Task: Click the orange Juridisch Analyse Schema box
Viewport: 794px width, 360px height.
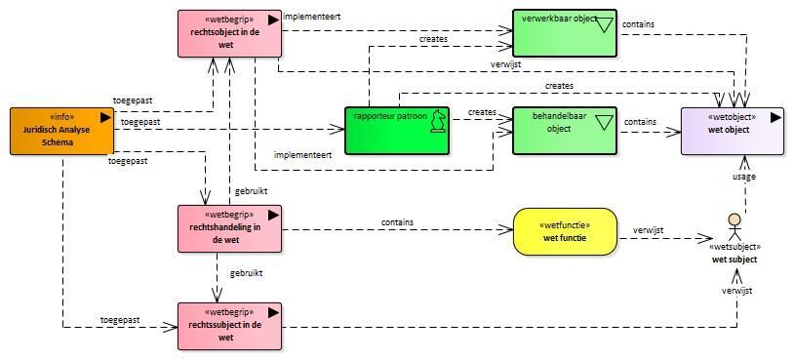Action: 61,131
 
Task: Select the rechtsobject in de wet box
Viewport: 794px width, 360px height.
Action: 229,33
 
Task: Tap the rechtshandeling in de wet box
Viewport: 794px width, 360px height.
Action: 229,228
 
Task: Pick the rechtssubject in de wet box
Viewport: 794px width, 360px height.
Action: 229,326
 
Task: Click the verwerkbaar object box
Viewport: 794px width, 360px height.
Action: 565,32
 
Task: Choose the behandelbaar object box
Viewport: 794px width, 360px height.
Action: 565,130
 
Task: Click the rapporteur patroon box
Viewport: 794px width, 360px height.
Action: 397,130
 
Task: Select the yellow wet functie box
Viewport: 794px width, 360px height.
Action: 566,231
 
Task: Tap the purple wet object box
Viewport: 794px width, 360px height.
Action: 733,131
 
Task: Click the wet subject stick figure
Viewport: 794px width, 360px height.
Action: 734,228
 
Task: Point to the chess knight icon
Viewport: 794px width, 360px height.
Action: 437,122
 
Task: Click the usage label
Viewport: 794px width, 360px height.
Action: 744,177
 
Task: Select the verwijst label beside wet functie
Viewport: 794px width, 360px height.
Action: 648,230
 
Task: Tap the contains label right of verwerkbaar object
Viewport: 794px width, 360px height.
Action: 638,23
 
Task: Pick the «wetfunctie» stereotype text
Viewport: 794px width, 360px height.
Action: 566,225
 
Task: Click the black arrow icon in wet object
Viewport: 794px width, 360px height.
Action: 775,117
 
